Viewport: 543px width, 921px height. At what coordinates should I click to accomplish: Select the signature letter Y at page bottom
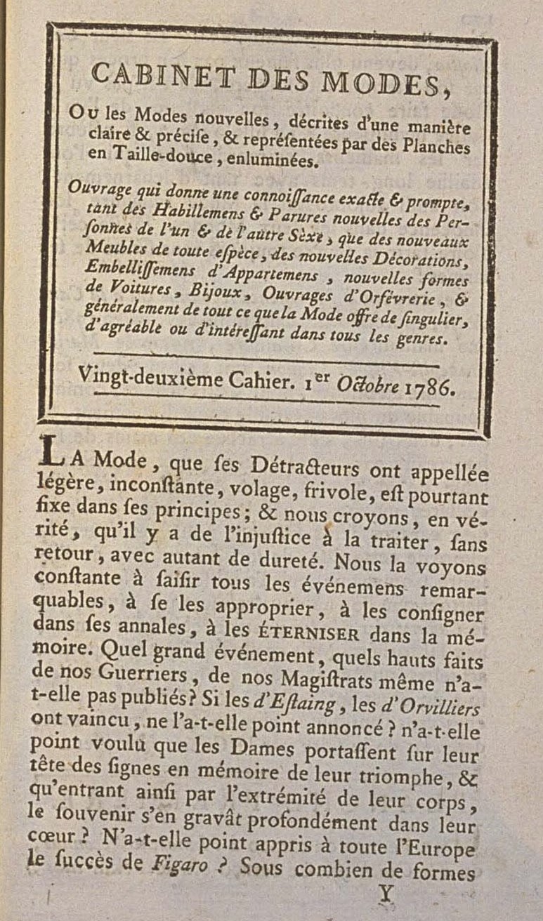pos(384,892)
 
